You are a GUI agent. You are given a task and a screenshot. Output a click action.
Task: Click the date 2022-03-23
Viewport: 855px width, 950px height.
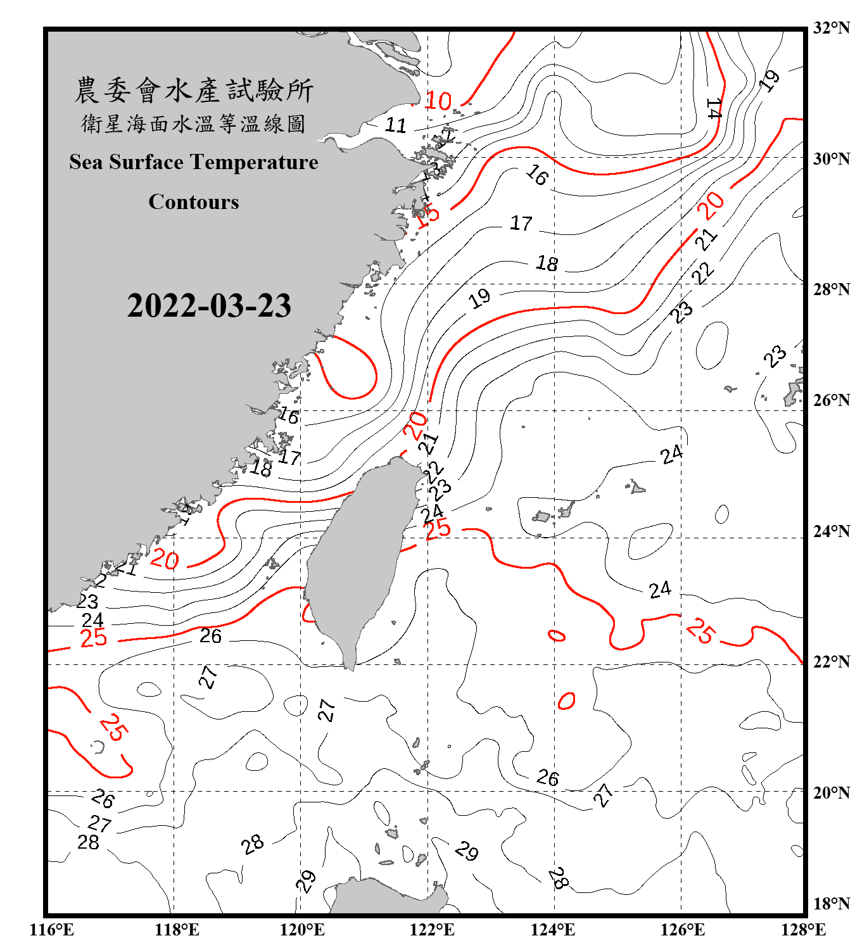209,305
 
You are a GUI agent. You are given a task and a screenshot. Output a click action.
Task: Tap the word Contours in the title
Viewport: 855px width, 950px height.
194,202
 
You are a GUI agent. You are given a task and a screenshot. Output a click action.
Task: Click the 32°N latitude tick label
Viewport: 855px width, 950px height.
831,28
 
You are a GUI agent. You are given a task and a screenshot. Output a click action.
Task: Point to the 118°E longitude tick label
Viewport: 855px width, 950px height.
177,930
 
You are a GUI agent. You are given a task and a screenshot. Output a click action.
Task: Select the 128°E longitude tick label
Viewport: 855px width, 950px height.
803,930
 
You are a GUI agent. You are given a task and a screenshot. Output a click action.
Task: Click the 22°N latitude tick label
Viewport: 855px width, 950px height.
831,662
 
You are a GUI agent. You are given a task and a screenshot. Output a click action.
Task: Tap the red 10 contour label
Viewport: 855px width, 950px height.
438,101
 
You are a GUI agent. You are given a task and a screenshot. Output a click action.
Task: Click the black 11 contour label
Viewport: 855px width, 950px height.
396,125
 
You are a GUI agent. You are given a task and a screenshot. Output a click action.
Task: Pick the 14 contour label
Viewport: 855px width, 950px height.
714,108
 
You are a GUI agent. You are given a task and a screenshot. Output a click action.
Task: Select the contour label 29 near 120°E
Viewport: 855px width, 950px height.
306,881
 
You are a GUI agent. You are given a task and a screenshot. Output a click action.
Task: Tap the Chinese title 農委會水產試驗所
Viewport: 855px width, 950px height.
194,91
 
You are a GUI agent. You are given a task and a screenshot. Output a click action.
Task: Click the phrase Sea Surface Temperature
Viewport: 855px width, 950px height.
194,162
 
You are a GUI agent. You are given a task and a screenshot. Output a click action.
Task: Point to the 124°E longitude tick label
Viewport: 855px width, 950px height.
553,930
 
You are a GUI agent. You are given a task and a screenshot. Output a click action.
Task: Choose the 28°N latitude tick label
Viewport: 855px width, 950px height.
831,289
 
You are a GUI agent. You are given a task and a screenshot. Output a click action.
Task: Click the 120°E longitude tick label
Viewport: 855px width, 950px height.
302,930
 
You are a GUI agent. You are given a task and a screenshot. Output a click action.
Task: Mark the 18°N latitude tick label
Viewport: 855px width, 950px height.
831,904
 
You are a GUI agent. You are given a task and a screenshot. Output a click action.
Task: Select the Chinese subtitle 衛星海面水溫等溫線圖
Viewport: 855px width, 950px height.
194,123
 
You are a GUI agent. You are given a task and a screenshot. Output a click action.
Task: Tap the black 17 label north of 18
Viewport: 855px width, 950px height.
521,223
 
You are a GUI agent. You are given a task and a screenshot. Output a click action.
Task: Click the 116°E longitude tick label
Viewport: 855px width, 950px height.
52,930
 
